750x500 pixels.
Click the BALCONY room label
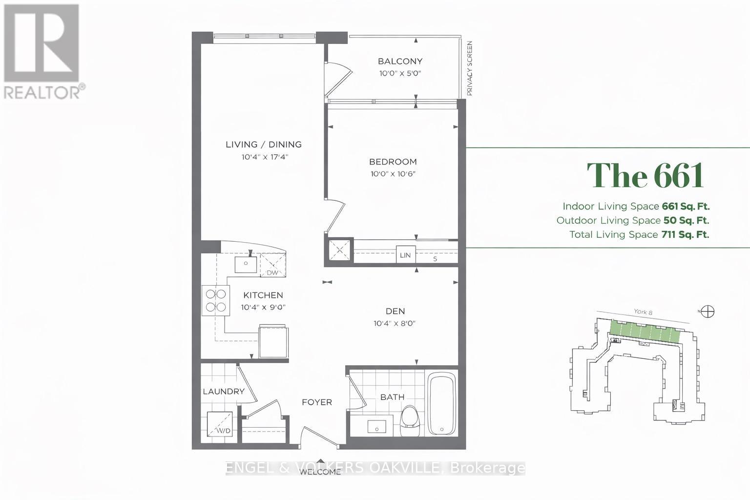point(400,62)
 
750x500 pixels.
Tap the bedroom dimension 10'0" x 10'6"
point(393,174)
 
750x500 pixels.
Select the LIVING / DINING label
point(264,145)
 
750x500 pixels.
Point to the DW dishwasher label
point(272,272)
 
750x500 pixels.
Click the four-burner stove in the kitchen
point(216,300)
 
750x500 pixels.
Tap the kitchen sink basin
point(246,265)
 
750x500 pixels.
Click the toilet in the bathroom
point(410,421)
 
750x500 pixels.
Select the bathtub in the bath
point(442,403)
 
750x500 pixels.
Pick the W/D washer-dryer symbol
point(220,424)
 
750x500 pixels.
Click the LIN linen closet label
point(405,255)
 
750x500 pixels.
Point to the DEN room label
point(396,311)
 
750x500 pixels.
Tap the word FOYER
point(317,402)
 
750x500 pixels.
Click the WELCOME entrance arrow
point(321,461)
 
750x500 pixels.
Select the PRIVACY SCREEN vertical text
point(469,68)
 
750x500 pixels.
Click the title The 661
point(645,175)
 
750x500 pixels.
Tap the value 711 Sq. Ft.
point(685,234)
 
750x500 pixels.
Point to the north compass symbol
point(708,312)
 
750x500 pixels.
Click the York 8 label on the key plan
point(643,312)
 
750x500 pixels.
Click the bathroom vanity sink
point(376,427)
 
